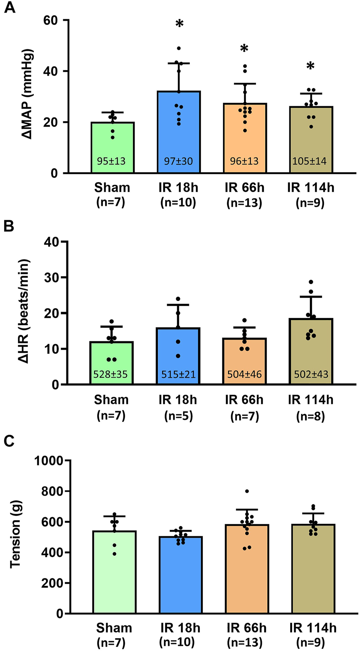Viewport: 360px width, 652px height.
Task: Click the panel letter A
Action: point(9,7)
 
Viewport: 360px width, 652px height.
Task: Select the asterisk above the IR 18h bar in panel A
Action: point(179,24)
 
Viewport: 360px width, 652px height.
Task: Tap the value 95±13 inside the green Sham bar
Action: point(111,161)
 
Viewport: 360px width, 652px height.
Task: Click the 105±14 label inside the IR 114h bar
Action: point(309,161)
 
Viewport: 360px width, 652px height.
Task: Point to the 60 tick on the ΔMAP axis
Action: point(50,20)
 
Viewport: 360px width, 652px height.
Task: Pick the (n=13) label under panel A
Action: point(244,203)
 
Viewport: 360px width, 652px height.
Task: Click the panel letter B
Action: point(9,226)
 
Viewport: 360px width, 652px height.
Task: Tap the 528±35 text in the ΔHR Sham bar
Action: point(111,375)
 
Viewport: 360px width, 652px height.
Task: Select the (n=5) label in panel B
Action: point(178,416)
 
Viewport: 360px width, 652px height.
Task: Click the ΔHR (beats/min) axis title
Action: point(24,311)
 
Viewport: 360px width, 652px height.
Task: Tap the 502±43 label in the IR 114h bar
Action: point(311,375)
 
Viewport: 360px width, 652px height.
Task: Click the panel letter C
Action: point(9,441)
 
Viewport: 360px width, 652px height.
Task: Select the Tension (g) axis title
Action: point(15,534)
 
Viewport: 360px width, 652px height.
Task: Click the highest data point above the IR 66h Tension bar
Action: point(247,491)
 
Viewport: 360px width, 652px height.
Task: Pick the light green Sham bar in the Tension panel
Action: point(114,574)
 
